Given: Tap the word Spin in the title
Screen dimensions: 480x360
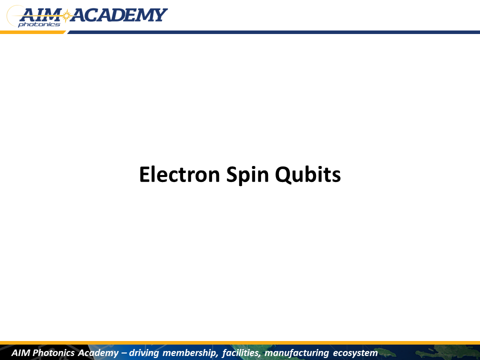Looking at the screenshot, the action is (247, 175).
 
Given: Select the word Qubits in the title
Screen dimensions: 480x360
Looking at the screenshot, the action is (307, 175).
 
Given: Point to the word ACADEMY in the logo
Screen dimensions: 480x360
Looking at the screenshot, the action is (119, 15).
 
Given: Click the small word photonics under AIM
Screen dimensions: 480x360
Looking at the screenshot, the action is (39, 24).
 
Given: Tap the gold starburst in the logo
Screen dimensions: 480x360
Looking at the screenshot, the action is (66, 15).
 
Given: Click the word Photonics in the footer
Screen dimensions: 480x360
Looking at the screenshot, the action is (53, 352).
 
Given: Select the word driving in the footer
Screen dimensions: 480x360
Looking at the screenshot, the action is (144, 353).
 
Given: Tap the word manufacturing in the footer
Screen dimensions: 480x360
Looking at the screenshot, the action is (296, 353).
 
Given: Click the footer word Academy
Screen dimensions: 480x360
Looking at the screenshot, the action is (98, 353).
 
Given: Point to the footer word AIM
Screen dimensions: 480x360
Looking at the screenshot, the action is (20, 352).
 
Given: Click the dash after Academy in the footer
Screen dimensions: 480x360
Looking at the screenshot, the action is (124, 353).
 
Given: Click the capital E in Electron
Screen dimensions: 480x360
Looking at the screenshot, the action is (144, 174).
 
